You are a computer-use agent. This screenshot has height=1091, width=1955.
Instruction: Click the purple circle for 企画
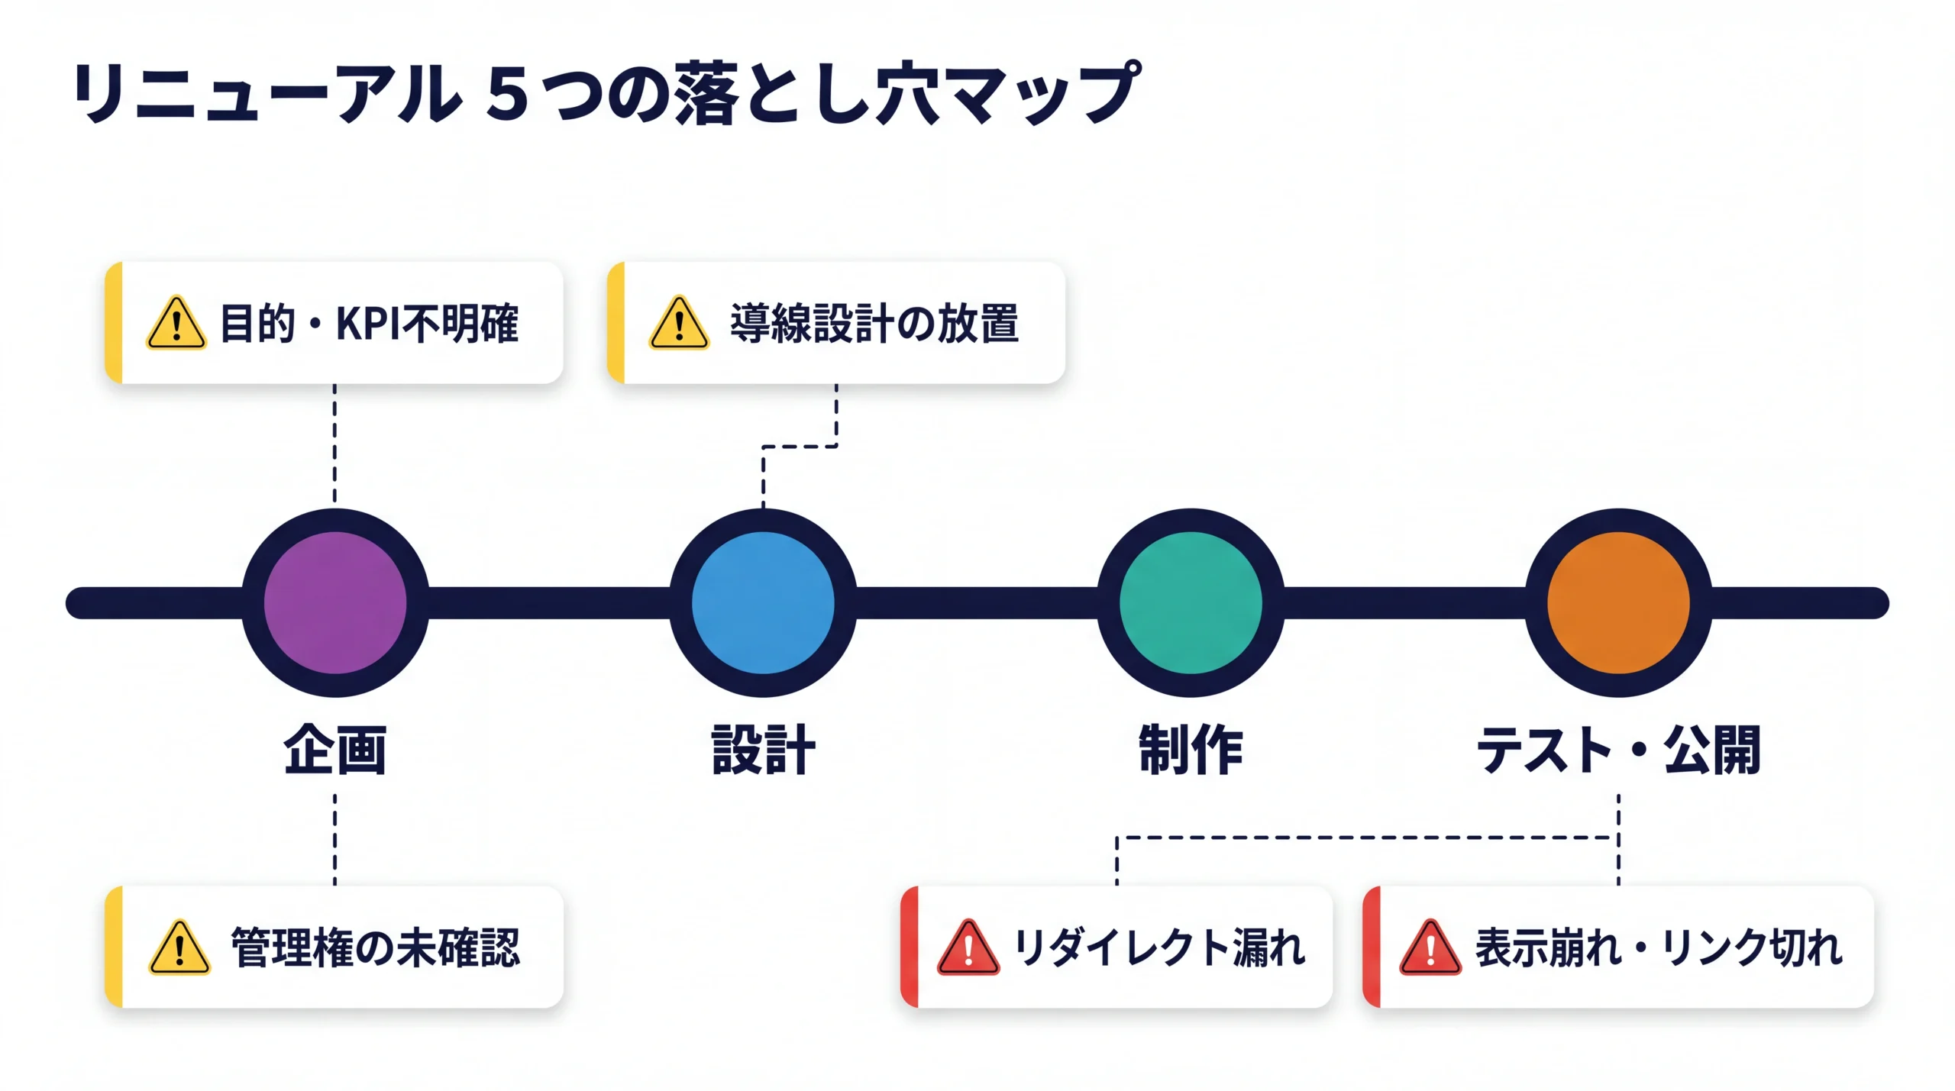coord(335,602)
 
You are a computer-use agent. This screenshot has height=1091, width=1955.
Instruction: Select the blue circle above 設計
coord(763,602)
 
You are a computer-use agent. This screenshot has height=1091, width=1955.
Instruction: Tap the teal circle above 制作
coord(1191,602)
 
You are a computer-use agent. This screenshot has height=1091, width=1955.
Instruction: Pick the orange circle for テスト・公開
coord(1618,602)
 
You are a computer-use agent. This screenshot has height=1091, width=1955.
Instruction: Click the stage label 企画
coord(335,750)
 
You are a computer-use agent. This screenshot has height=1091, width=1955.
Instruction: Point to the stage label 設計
coord(763,750)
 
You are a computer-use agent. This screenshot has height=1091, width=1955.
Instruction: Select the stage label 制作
coord(1191,750)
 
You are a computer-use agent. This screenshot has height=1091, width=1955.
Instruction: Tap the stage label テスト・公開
coord(1618,750)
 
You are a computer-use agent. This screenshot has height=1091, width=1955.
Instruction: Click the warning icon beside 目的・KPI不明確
coord(176,324)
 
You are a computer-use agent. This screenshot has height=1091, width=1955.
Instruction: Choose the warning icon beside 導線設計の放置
coord(679,324)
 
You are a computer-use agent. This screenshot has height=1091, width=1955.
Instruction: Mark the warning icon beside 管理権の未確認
coord(179,948)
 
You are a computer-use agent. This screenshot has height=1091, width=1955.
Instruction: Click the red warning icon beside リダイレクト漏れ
coord(968,948)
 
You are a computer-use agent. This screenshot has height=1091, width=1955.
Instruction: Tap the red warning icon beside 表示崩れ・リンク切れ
coord(1430,948)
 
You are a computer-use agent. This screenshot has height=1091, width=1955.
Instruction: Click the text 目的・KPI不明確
coord(369,323)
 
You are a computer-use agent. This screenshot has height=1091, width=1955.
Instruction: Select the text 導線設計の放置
coord(874,323)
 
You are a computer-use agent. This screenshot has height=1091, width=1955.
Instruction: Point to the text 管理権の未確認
coord(376,947)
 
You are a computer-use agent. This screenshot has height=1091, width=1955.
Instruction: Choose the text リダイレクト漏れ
coord(1159,947)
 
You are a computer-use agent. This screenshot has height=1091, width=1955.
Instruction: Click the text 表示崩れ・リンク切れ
coord(1659,947)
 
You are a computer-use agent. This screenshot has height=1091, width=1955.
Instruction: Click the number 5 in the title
coord(507,94)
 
